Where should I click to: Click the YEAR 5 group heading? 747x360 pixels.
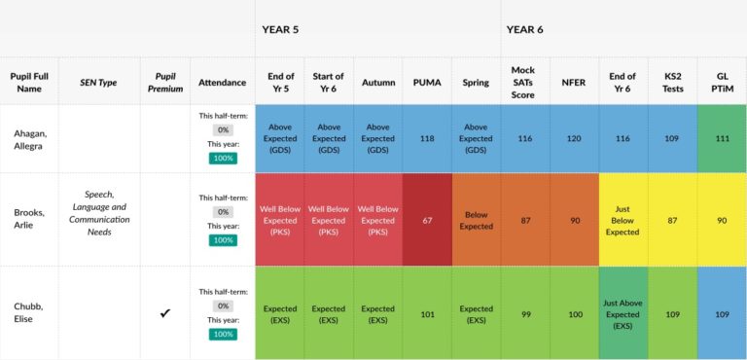click(280, 29)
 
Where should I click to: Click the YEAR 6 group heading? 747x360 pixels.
click(524, 29)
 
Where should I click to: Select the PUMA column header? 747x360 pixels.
click(426, 83)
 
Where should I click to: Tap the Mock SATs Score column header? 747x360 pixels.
click(523, 83)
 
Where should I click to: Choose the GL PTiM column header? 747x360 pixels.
click(722, 83)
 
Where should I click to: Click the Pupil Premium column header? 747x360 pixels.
click(164, 83)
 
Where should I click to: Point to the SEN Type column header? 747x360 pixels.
click(98, 83)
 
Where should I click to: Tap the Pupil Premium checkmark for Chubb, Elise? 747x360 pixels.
click(164, 313)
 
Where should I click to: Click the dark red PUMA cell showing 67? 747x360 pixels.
click(426, 220)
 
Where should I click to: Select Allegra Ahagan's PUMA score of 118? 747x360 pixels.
click(426, 139)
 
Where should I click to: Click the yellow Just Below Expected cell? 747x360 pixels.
click(622, 220)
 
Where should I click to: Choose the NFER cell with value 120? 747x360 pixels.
click(574, 139)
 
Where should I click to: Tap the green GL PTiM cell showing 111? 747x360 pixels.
click(722, 139)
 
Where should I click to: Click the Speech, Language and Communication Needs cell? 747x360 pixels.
click(98, 213)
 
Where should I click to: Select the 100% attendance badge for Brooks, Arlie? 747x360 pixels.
click(223, 240)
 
